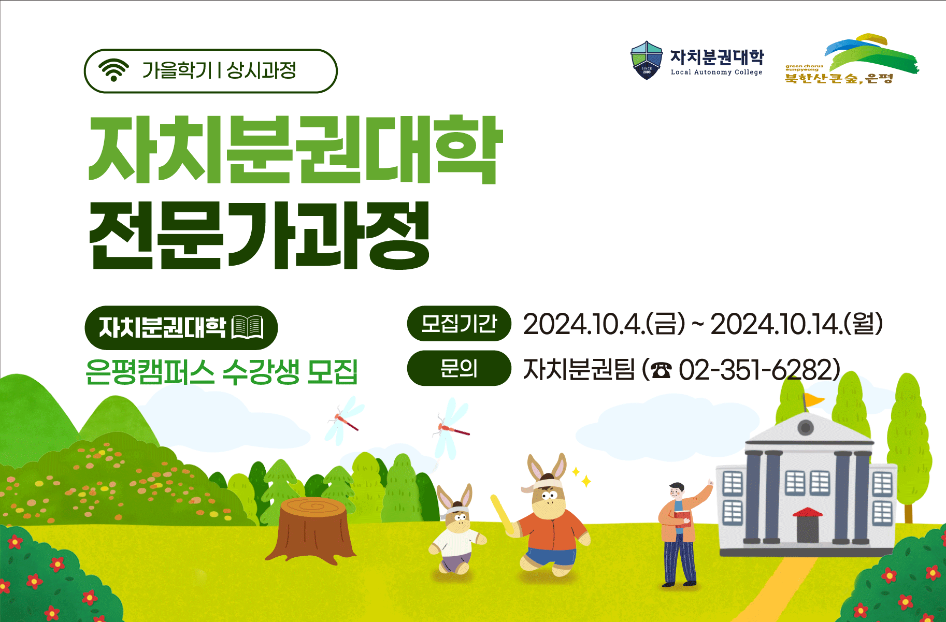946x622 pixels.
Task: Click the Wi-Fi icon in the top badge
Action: pyautogui.click(x=113, y=70)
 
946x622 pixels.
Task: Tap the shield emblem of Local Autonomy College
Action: pyautogui.click(x=646, y=60)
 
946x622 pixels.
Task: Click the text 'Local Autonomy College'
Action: pyautogui.click(x=716, y=73)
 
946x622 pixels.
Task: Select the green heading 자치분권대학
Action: pyautogui.click(x=295, y=149)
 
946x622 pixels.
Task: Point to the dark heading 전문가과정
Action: pyautogui.click(x=260, y=236)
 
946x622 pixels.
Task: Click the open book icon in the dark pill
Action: pyautogui.click(x=248, y=327)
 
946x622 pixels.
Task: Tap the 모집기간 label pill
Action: pyautogui.click(x=459, y=324)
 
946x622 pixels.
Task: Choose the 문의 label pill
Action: pyautogui.click(x=459, y=368)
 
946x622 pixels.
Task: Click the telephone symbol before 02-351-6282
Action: pyautogui.click(x=661, y=370)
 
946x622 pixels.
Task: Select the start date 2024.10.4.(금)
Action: pyautogui.click(x=604, y=324)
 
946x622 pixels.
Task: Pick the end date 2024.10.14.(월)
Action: pyautogui.click(x=796, y=324)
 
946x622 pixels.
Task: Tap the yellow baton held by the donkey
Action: pyautogui.click(x=501, y=514)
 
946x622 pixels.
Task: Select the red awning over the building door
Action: pyautogui.click(x=807, y=513)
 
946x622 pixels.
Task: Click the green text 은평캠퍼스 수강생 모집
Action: pyautogui.click(x=222, y=371)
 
